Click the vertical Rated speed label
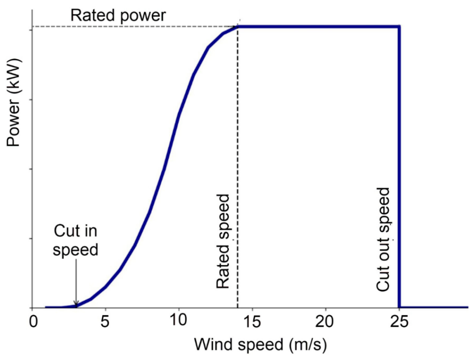223,241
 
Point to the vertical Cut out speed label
383,239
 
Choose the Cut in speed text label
76,240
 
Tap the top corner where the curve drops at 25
399,26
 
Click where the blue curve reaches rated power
237,26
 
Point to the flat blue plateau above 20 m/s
325,26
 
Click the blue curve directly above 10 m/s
179,114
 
